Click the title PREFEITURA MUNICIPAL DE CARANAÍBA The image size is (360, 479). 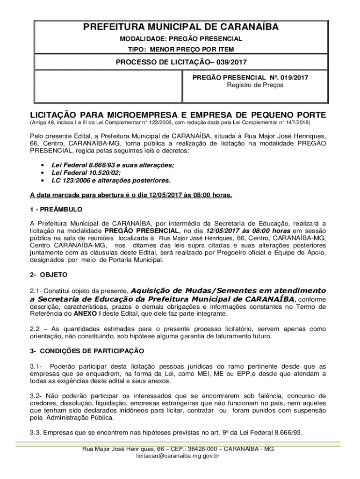180,28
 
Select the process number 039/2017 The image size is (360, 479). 232,62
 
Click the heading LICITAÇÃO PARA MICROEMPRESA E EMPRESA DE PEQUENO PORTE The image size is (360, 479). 178,115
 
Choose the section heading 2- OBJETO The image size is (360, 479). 49,274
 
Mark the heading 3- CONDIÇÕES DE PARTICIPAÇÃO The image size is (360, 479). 87,350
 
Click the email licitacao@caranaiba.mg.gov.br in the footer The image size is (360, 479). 178,455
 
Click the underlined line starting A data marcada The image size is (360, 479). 131,195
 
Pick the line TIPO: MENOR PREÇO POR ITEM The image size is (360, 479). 180,49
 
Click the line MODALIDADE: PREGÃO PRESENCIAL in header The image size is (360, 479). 180,39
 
